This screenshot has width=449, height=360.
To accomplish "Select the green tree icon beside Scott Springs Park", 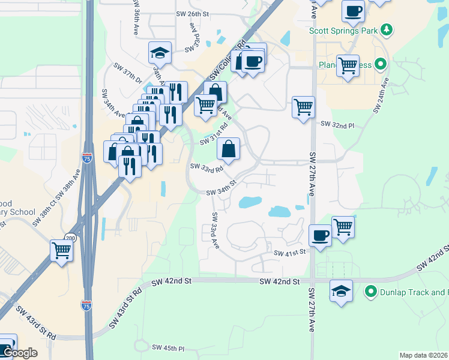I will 387,29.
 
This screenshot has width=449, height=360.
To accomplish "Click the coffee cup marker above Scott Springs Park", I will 353,11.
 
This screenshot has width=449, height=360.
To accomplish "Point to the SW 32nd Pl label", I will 338,124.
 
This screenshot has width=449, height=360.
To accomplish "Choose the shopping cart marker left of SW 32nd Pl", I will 304,107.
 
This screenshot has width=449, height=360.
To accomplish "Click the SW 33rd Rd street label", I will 206,167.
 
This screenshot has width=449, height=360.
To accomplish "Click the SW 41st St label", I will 291,253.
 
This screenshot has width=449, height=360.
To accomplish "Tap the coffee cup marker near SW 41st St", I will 320,235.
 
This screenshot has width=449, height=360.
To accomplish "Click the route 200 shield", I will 71,239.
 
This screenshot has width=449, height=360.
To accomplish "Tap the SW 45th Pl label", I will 168,347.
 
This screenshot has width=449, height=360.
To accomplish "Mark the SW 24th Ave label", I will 381,95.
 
